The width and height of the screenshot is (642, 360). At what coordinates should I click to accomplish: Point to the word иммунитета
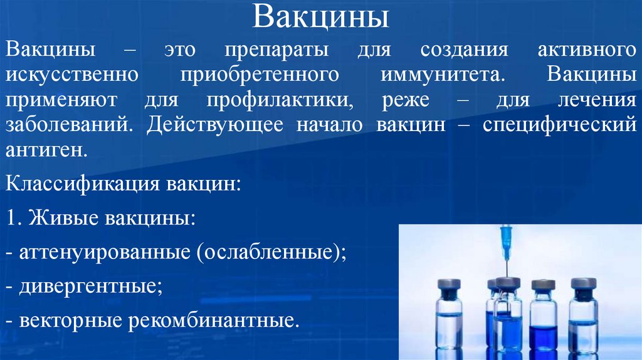click(x=441, y=75)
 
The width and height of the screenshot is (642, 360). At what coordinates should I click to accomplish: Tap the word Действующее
click(x=214, y=125)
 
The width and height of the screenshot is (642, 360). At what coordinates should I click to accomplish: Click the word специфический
click(x=559, y=125)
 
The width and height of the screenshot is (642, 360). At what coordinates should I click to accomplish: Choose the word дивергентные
click(x=90, y=288)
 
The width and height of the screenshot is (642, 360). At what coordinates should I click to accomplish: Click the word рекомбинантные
click(x=212, y=322)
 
